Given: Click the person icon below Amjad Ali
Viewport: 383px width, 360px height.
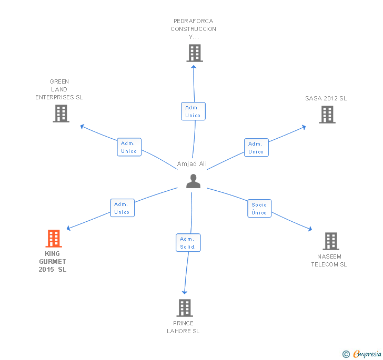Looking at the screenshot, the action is click(x=193, y=181).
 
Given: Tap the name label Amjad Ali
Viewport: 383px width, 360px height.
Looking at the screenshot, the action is click(x=191, y=164).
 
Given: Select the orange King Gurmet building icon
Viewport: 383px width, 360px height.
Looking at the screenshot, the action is click(x=54, y=239).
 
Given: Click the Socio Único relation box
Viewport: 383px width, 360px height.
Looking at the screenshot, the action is click(x=259, y=209).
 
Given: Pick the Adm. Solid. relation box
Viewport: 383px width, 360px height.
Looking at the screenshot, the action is click(x=188, y=243).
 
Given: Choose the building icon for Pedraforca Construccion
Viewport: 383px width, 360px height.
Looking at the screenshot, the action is click(x=195, y=53).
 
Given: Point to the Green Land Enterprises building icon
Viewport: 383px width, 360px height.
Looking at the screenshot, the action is click(x=61, y=114).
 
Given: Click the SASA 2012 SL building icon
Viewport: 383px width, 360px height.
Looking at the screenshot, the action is click(x=327, y=115).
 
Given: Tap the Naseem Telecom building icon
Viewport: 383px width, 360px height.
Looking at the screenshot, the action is click(x=331, y=241).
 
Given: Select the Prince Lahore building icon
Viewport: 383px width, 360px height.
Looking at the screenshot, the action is click(x=185, y=308).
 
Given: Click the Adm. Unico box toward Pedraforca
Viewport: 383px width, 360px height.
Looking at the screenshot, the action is click(x=193, y=111).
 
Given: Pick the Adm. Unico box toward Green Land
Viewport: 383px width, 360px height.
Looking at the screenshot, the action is click(x=129, y=147).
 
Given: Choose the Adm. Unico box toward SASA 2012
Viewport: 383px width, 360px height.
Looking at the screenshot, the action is click(x=256, y=148).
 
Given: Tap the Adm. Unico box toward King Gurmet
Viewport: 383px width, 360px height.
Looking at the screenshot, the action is click(x=122, y=208).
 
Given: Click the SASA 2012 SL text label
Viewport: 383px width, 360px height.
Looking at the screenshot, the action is click(x=326, y=98).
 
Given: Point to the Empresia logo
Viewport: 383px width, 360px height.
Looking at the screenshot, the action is click(x=362, y=354).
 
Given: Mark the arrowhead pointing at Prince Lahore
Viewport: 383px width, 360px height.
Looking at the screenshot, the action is click(x=185, y=292).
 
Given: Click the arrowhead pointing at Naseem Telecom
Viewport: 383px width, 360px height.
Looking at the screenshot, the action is click(x=310, y=229).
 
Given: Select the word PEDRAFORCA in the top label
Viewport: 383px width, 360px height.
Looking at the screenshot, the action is click(x=194, y=21).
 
